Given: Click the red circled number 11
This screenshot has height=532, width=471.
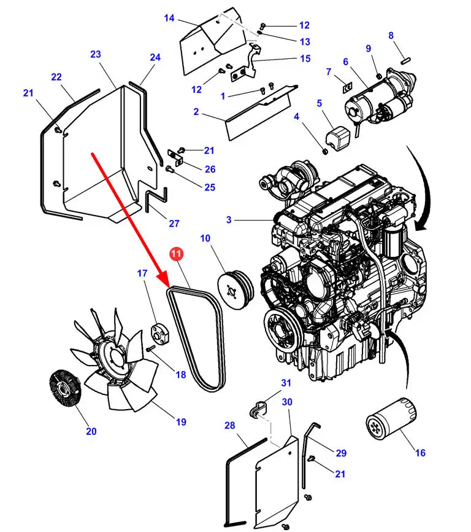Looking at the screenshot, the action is click(176, 254).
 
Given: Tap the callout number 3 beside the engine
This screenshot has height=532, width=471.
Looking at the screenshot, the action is click(229, 220).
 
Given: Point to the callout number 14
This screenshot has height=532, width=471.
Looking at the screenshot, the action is click(169, 18).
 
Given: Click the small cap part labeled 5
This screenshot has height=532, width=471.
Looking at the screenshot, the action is click(335, 138).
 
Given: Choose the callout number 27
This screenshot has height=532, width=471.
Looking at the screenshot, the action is click(174, 224).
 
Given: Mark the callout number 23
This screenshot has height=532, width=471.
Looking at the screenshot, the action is click(96, 54).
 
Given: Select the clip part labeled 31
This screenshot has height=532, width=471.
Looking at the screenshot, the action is click(258, 409).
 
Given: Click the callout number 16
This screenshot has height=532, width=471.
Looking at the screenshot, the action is click(420, 453).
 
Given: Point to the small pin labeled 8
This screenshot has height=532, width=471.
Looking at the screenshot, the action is click(405, 60).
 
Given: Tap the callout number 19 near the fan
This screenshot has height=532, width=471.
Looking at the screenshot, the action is click(181, 422).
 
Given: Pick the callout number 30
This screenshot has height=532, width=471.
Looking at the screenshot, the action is click(287, 402).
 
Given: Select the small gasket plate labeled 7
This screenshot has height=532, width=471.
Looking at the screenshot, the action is click(348, 88).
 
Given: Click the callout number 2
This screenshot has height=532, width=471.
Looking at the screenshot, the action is click(196, 112).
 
